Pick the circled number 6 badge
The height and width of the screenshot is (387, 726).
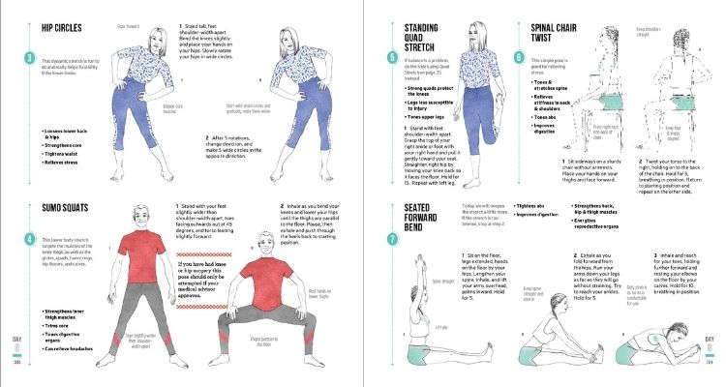coord(519,56)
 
